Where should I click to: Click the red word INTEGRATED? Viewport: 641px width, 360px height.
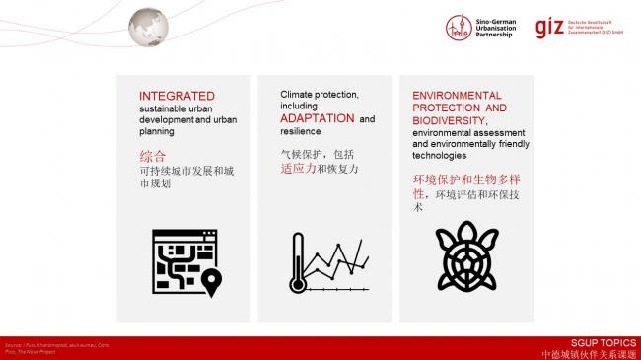coord(171,96)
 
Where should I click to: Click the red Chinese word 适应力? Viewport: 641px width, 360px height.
coord(299,169)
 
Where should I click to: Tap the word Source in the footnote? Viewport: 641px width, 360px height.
coord(11,342)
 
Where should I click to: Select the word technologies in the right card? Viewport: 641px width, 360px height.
coord(439,155)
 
